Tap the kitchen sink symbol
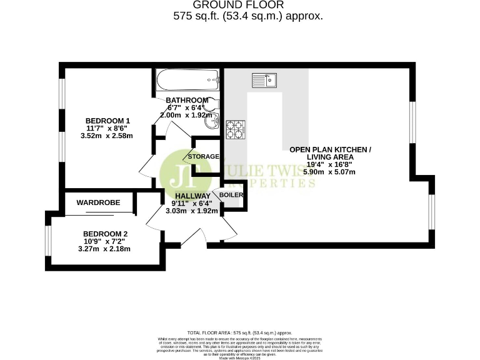pyautogui.click(x=264, y=80)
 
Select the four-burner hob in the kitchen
pyautogui.click(x=236, y=129)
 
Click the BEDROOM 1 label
pyautogui.click(x=107, y=121)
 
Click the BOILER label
pyautogui.click(x=231, y=195)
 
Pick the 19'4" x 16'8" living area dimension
pyautogui.click(x=330, y=164)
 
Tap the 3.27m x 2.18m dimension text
pyautogui.click(x=104, y=248)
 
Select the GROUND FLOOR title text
pyautogui.click(x=248, y=5)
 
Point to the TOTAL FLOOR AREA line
pyautogui.click(x=239, y=332)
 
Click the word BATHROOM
pyautogui.click(x=187, y=100)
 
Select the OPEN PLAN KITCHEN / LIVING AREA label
pyautogui.click(x=330, y=152)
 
